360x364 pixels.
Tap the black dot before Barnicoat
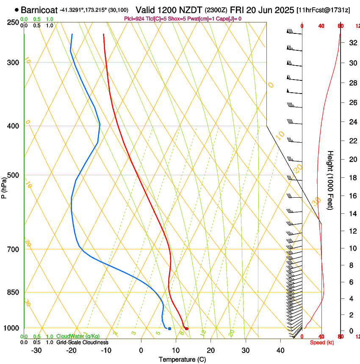tap(17, 9)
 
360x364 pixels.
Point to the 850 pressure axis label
tap(13, 292)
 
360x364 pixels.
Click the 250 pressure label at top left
tap(13, 22)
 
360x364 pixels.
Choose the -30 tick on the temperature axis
tap(36, 350)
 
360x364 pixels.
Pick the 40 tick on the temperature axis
tap(280, 350)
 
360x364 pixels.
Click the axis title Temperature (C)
tap(182, 359)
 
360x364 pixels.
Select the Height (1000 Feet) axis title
tap(331, 180)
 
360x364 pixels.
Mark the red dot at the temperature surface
tap(186, 328)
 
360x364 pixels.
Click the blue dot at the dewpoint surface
tap(169, 328)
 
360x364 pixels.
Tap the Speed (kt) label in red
tap(322, 342)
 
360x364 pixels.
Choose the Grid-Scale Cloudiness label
tap(82, 342)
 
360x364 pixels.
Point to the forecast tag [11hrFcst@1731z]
tap(323, 10)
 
